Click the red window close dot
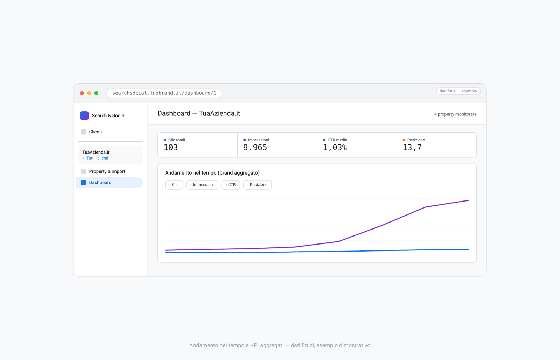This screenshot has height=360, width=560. point(82,93)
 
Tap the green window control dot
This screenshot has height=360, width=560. point(96,93)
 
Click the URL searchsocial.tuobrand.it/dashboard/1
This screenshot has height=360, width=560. point(164,93)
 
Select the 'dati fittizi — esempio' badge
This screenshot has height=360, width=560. point(458,91)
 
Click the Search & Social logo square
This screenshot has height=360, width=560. point(84,116)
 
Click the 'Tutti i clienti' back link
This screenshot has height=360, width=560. point(95,158)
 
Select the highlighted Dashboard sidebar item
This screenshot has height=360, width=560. point(109,182)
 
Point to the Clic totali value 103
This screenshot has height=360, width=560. point(171,148)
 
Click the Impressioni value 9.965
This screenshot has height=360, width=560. point(255,148)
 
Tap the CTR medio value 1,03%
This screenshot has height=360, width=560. point(335,148)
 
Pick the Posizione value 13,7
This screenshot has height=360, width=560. point(412,148)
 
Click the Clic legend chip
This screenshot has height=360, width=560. point(174,185)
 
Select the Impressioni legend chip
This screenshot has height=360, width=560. point(202,185)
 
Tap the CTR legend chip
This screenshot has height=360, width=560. point(231,185)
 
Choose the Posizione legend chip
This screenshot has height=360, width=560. point(257,185)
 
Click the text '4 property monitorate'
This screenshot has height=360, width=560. point(455,114)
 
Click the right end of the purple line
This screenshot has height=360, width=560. point(469,200)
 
